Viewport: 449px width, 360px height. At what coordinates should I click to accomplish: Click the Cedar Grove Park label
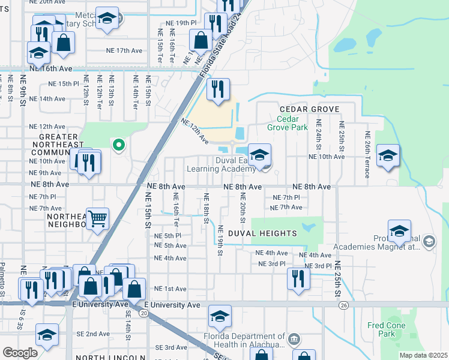coord(287,123)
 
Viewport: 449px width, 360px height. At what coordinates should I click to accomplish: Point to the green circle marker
coord(119,144)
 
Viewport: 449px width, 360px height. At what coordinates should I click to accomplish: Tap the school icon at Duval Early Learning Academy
coord(259,155)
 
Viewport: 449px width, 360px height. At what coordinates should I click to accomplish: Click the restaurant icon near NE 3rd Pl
coord(297,278)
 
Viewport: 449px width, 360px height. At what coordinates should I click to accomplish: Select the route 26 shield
coord(343,305)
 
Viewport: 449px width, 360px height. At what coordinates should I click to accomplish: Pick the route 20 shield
coord(143,313)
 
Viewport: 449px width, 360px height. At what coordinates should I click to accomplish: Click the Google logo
coord(20,353)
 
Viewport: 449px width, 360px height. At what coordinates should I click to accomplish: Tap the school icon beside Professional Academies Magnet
coord(399,231)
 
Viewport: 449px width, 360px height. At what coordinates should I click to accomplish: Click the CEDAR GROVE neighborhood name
coord(310,109)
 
